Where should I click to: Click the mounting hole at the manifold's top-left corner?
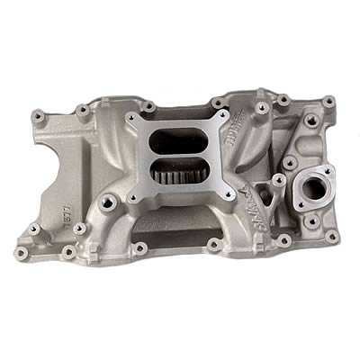(37, 113)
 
